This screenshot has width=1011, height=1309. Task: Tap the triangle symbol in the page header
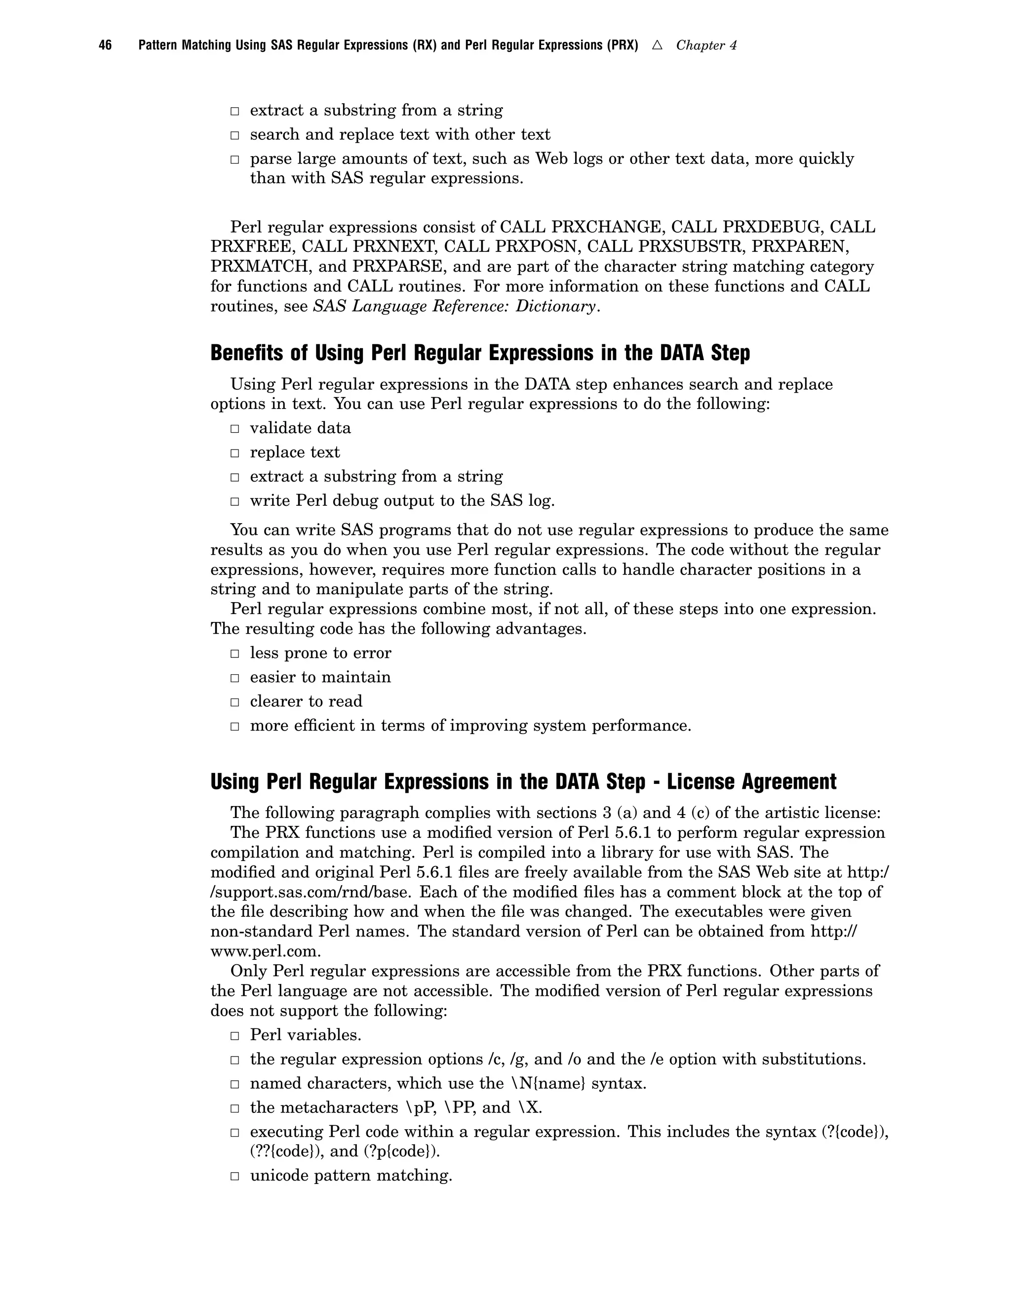click(x=657, y=45)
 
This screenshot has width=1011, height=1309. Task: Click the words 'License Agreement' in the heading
click(x=752, y=781)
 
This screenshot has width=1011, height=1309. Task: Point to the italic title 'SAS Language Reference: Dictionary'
click(x=455, y=306)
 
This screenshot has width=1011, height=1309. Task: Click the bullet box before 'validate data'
click(x=235, y=429)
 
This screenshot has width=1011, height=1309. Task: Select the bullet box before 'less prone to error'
click(x=235, y=654)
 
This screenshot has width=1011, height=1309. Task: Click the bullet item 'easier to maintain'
click(x=320, y=677)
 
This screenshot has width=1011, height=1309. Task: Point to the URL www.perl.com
click(x=265, y=951)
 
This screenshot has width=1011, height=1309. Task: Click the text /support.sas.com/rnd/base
click(x=310, y=892)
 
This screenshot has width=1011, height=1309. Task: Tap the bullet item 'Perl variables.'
click(x=306, y=1035)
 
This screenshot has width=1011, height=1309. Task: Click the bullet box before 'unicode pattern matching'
click(x=235, y=1176)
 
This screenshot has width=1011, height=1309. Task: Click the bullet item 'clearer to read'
click(x=306, y=701)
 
